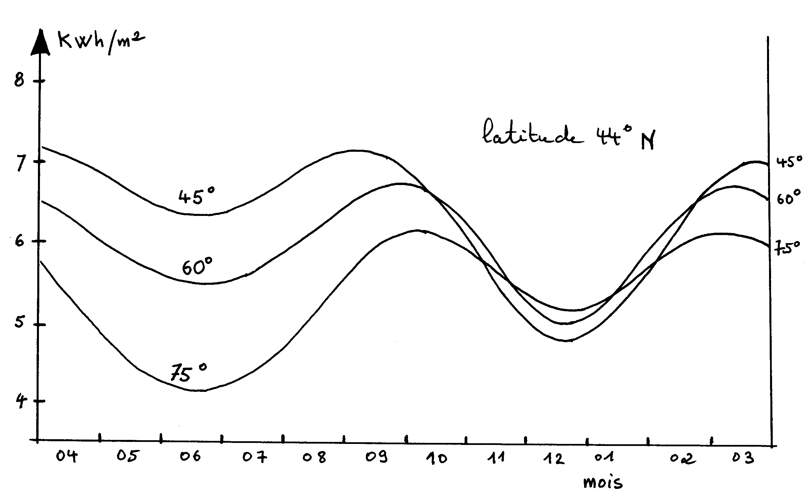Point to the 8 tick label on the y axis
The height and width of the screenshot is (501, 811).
click(19, 81)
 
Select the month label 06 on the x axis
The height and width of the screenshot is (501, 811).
click(190, 457)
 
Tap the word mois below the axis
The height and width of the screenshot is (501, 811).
click(603, 483)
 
